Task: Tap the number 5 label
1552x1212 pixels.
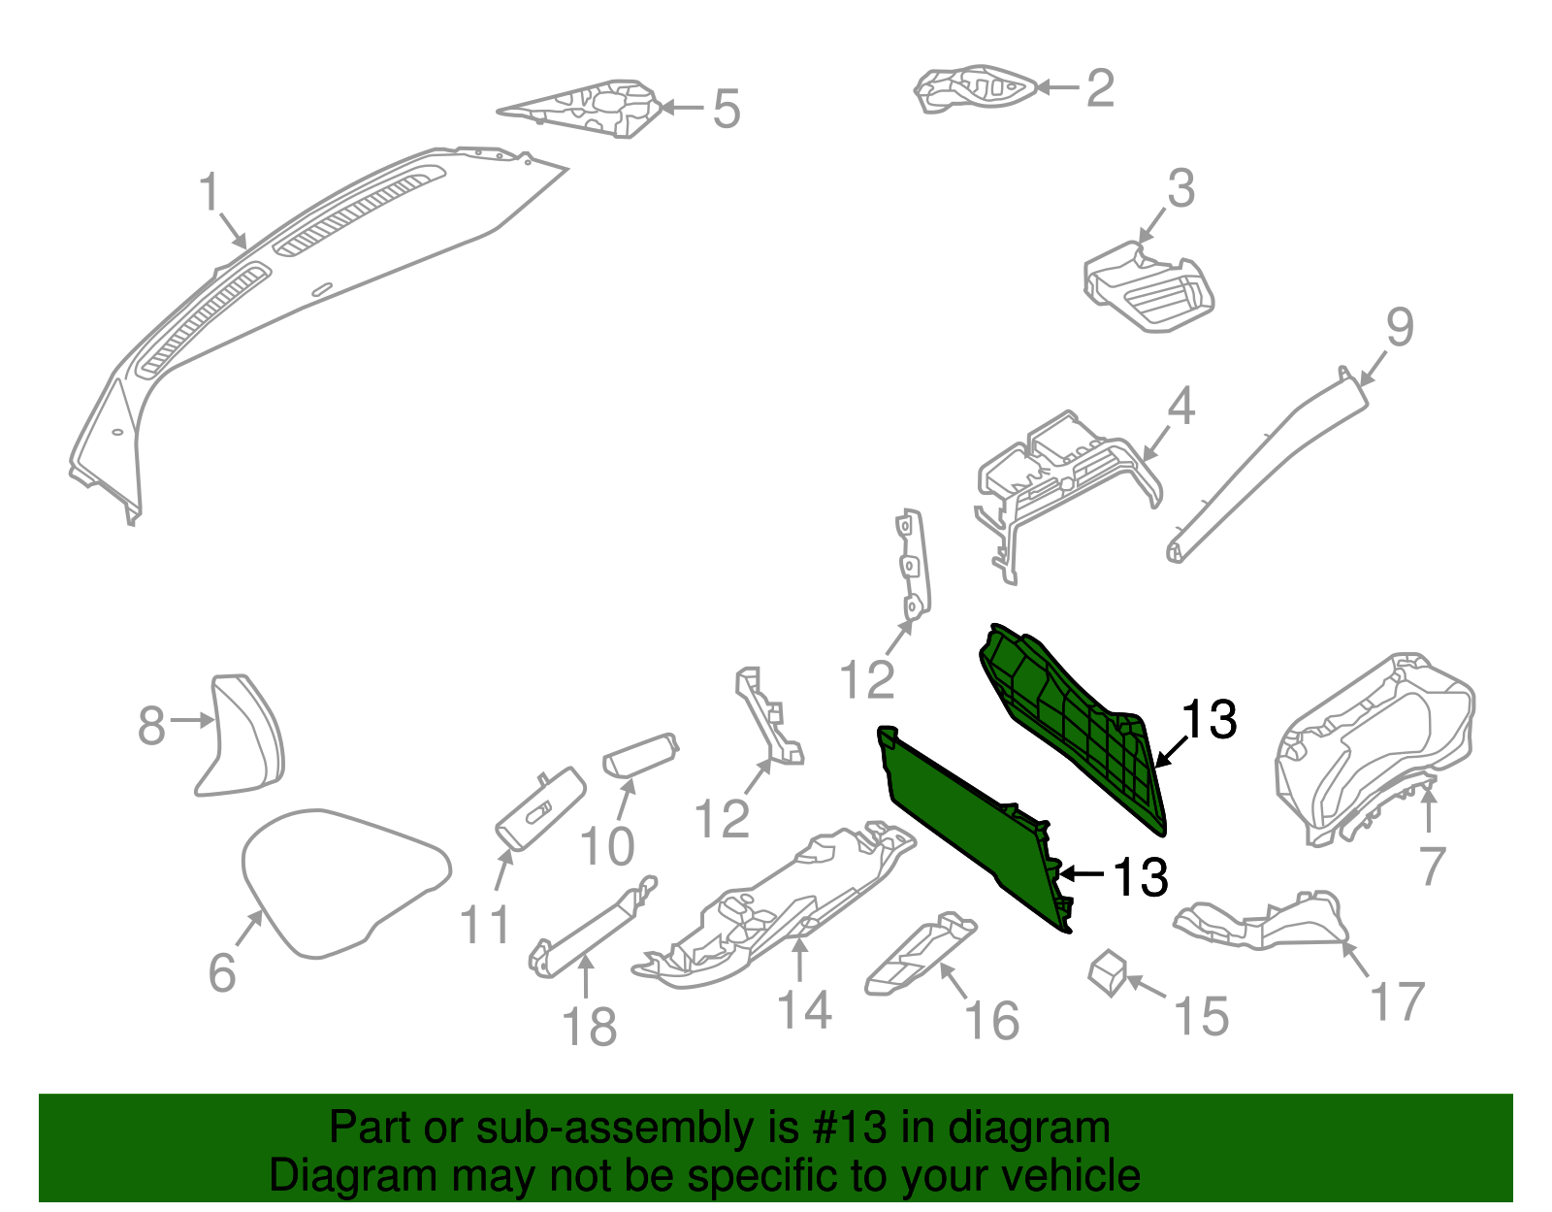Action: [x=726, y=109]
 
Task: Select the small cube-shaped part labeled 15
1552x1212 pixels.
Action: [x=1108, y=972]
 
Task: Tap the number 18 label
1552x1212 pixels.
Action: [x=589, y=1027]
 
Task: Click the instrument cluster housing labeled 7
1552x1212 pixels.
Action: [x=1373, y=747]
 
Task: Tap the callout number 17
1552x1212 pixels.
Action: [x=1397, y=1001]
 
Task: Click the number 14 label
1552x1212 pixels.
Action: [x=804, y=1009]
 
